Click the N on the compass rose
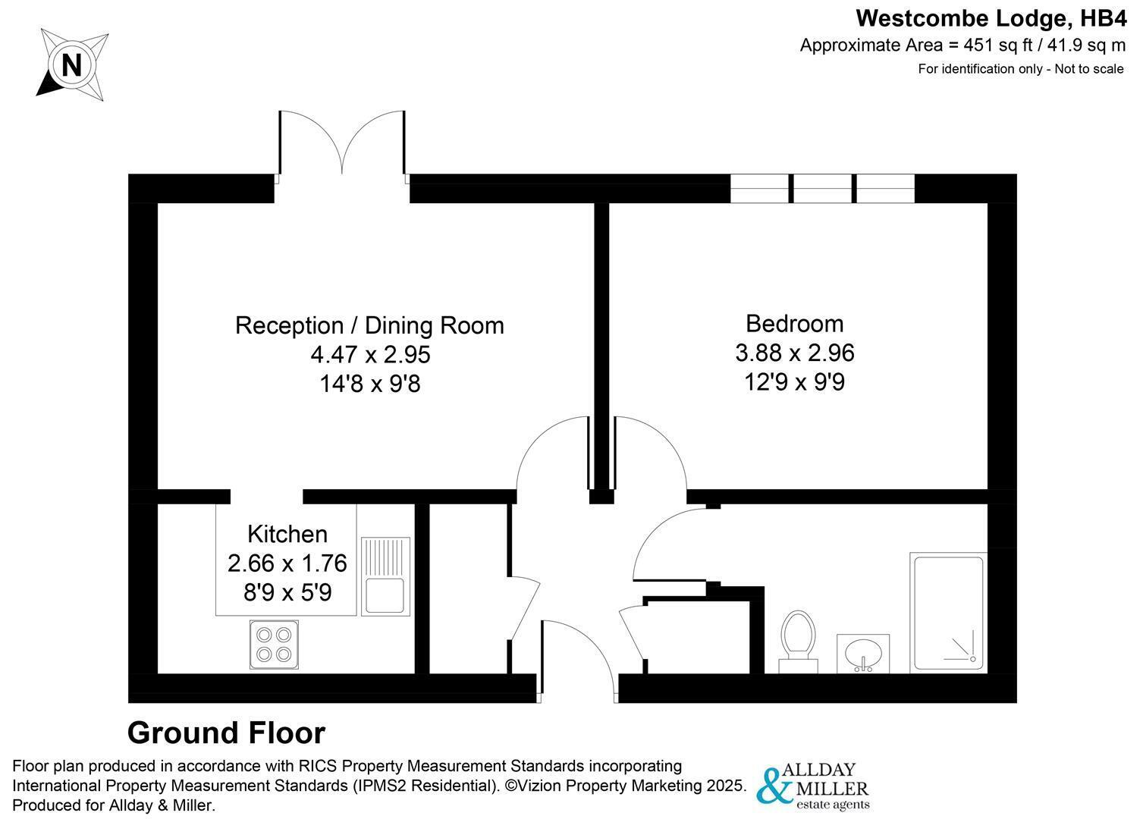(72, 65)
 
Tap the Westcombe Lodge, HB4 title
(991, 19)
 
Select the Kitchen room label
(287, 535)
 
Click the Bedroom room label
(794, 324)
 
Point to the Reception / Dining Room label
(369, 325)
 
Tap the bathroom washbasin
(863, 654)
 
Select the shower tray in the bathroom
(948, 613)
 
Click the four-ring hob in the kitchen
(274, 645)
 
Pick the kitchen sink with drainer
(385, 576)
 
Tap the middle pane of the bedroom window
(822, 188)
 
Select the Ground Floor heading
(226, 733)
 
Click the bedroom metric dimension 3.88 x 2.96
(794, 353)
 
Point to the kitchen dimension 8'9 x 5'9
(287, 592)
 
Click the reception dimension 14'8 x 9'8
(370, 384)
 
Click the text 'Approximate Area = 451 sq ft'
(916, 45)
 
